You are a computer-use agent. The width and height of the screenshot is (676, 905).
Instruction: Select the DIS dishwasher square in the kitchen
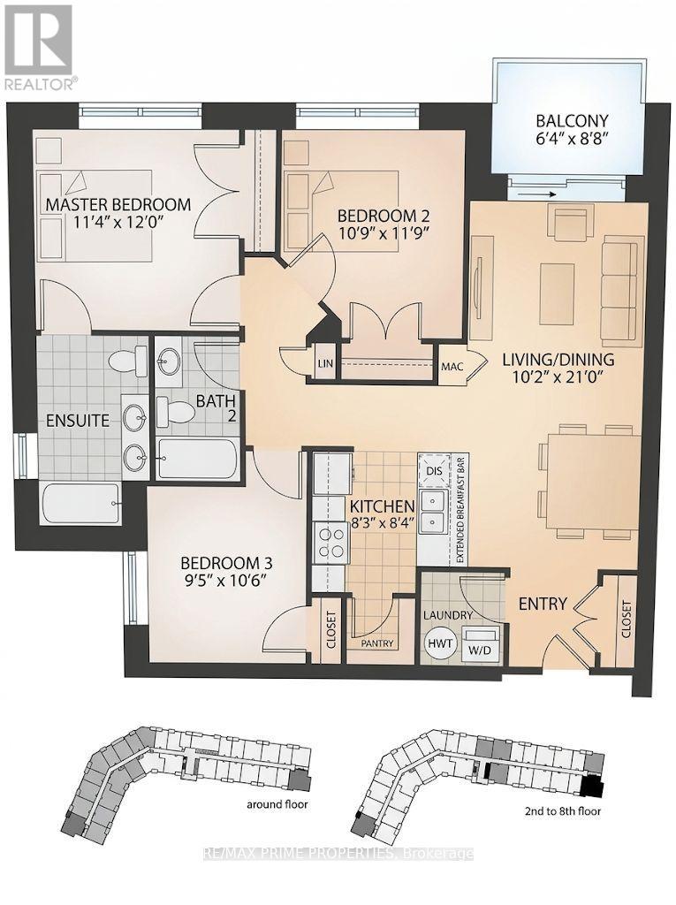coord(434,470)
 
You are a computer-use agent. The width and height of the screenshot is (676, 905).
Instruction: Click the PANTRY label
coord(377,643)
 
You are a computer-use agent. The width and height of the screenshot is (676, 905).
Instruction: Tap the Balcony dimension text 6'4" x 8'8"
coord(572,139)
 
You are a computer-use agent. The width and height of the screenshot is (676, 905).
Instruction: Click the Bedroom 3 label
coord(226,563)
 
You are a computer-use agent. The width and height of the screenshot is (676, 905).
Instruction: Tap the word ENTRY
coord(543,604)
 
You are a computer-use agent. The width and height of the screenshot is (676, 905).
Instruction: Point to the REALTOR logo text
coord(39,84)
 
